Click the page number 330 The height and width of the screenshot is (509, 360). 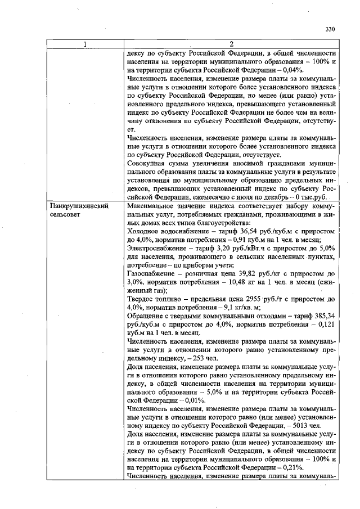(330, 29)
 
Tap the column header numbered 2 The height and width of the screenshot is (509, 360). (231, 44)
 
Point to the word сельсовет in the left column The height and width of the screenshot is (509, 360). (65, 215)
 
